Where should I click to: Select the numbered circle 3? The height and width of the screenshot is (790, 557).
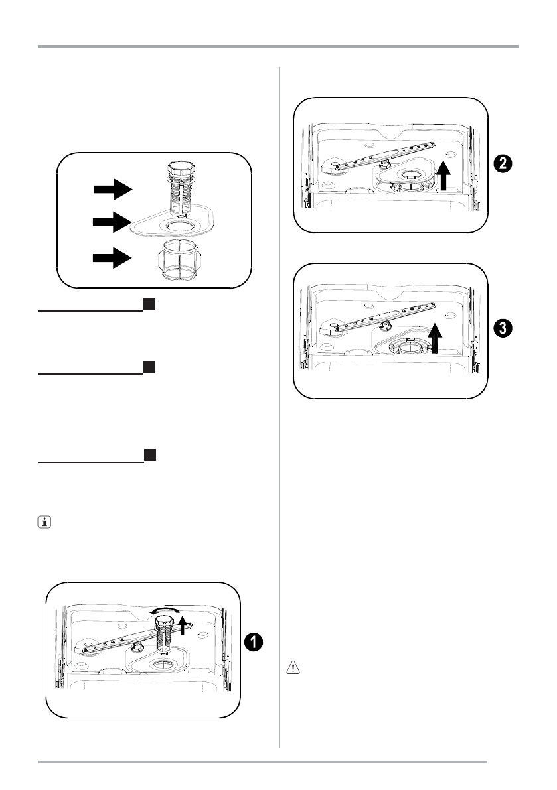pos(502,328)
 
